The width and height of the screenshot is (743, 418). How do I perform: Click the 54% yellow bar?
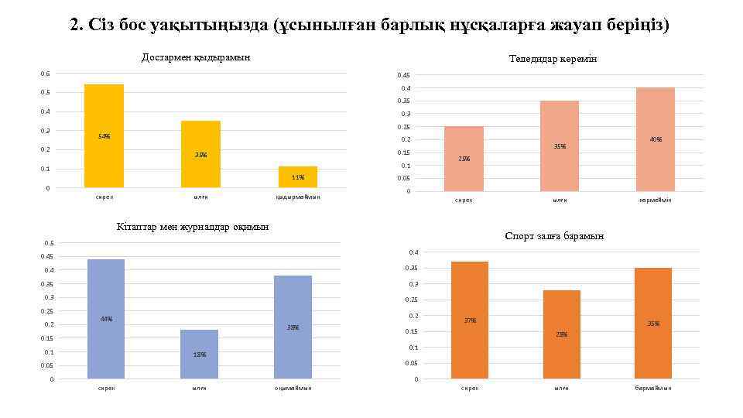coord(104,135)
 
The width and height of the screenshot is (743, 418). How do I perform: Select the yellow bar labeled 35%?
coord(200,154)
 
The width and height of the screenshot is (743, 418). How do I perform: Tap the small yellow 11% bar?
coord(298,177)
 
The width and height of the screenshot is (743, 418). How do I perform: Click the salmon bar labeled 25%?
coord(464,159)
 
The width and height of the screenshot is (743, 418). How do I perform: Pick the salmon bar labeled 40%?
coord(656,139)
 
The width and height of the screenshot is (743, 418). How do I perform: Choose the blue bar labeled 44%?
coord(106,319)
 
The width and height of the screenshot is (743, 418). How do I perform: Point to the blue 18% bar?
coord(200,354)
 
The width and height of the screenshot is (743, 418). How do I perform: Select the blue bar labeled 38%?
coord(293,327)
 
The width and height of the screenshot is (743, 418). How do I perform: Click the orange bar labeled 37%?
coord(470,320)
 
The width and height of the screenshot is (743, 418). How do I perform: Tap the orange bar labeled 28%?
coord(561,334)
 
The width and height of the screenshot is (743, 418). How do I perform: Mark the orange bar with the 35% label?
coord(653,324)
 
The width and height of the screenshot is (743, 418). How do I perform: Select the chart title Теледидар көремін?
coord(553,59)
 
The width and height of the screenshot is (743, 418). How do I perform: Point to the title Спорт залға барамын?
coord(554,236)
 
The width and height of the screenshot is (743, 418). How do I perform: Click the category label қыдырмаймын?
coord(298,197)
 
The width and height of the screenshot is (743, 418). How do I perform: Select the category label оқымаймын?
coord(293,388)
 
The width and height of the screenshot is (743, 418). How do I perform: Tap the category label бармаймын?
coord(653,388)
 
